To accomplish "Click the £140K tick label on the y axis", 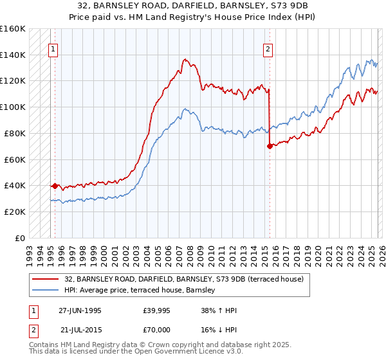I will tap(13, 55).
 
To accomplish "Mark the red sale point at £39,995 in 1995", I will tap(55, 186).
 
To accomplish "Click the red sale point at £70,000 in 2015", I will tap(270, 146).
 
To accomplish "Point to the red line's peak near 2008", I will tap(185, 59).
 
